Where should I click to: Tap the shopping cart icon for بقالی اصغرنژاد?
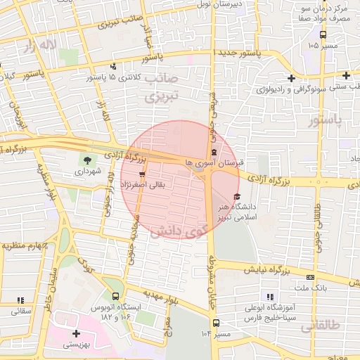[x=142, y=174]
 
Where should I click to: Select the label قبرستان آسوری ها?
[x=211, y=163]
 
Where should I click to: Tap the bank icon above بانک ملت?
[x=311, y=277]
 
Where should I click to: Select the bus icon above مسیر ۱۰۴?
[x=215, y=323]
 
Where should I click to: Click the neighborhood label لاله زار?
[x=39, y=46]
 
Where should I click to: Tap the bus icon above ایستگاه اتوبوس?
[x=115, y=296]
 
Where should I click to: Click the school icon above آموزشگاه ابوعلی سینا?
[x=269, y=297]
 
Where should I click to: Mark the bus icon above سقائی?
[x=17, y=300]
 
